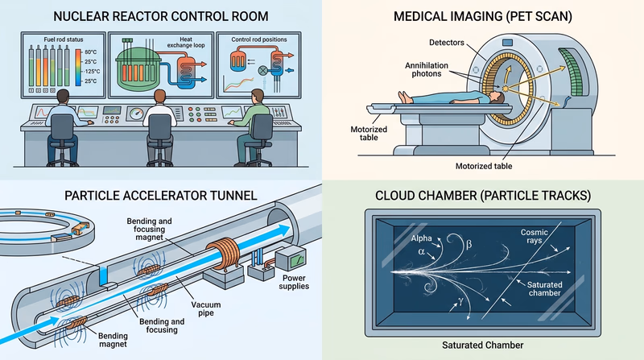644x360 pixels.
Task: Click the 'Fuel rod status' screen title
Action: pyautogui.click(x=53, y=39)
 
